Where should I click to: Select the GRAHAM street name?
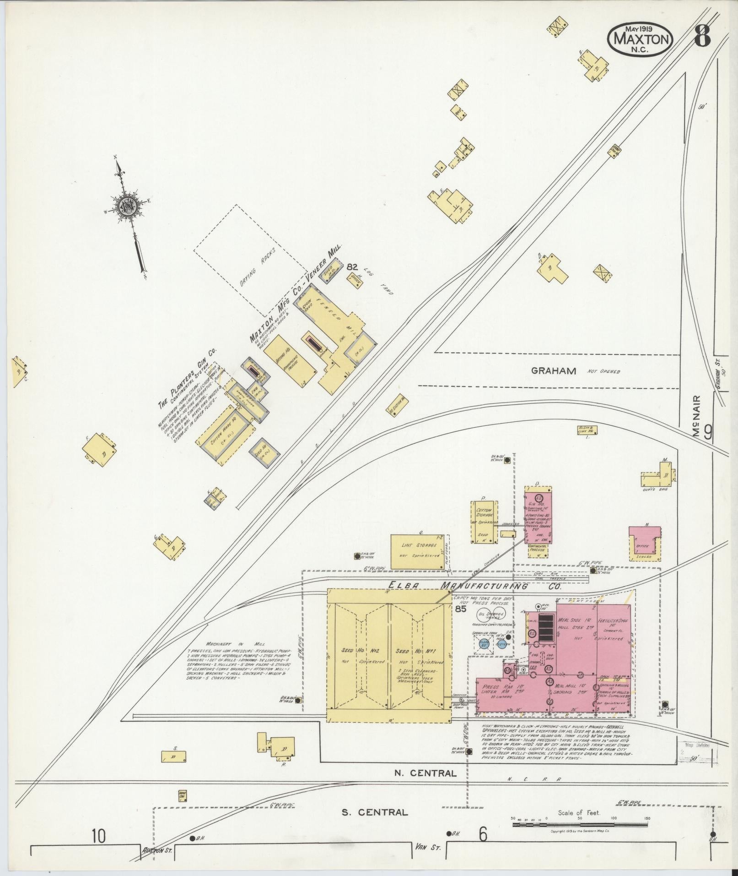[x=553, y=371]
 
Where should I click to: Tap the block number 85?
[x=460, y=609]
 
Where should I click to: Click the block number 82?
[x=352, y=267]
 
